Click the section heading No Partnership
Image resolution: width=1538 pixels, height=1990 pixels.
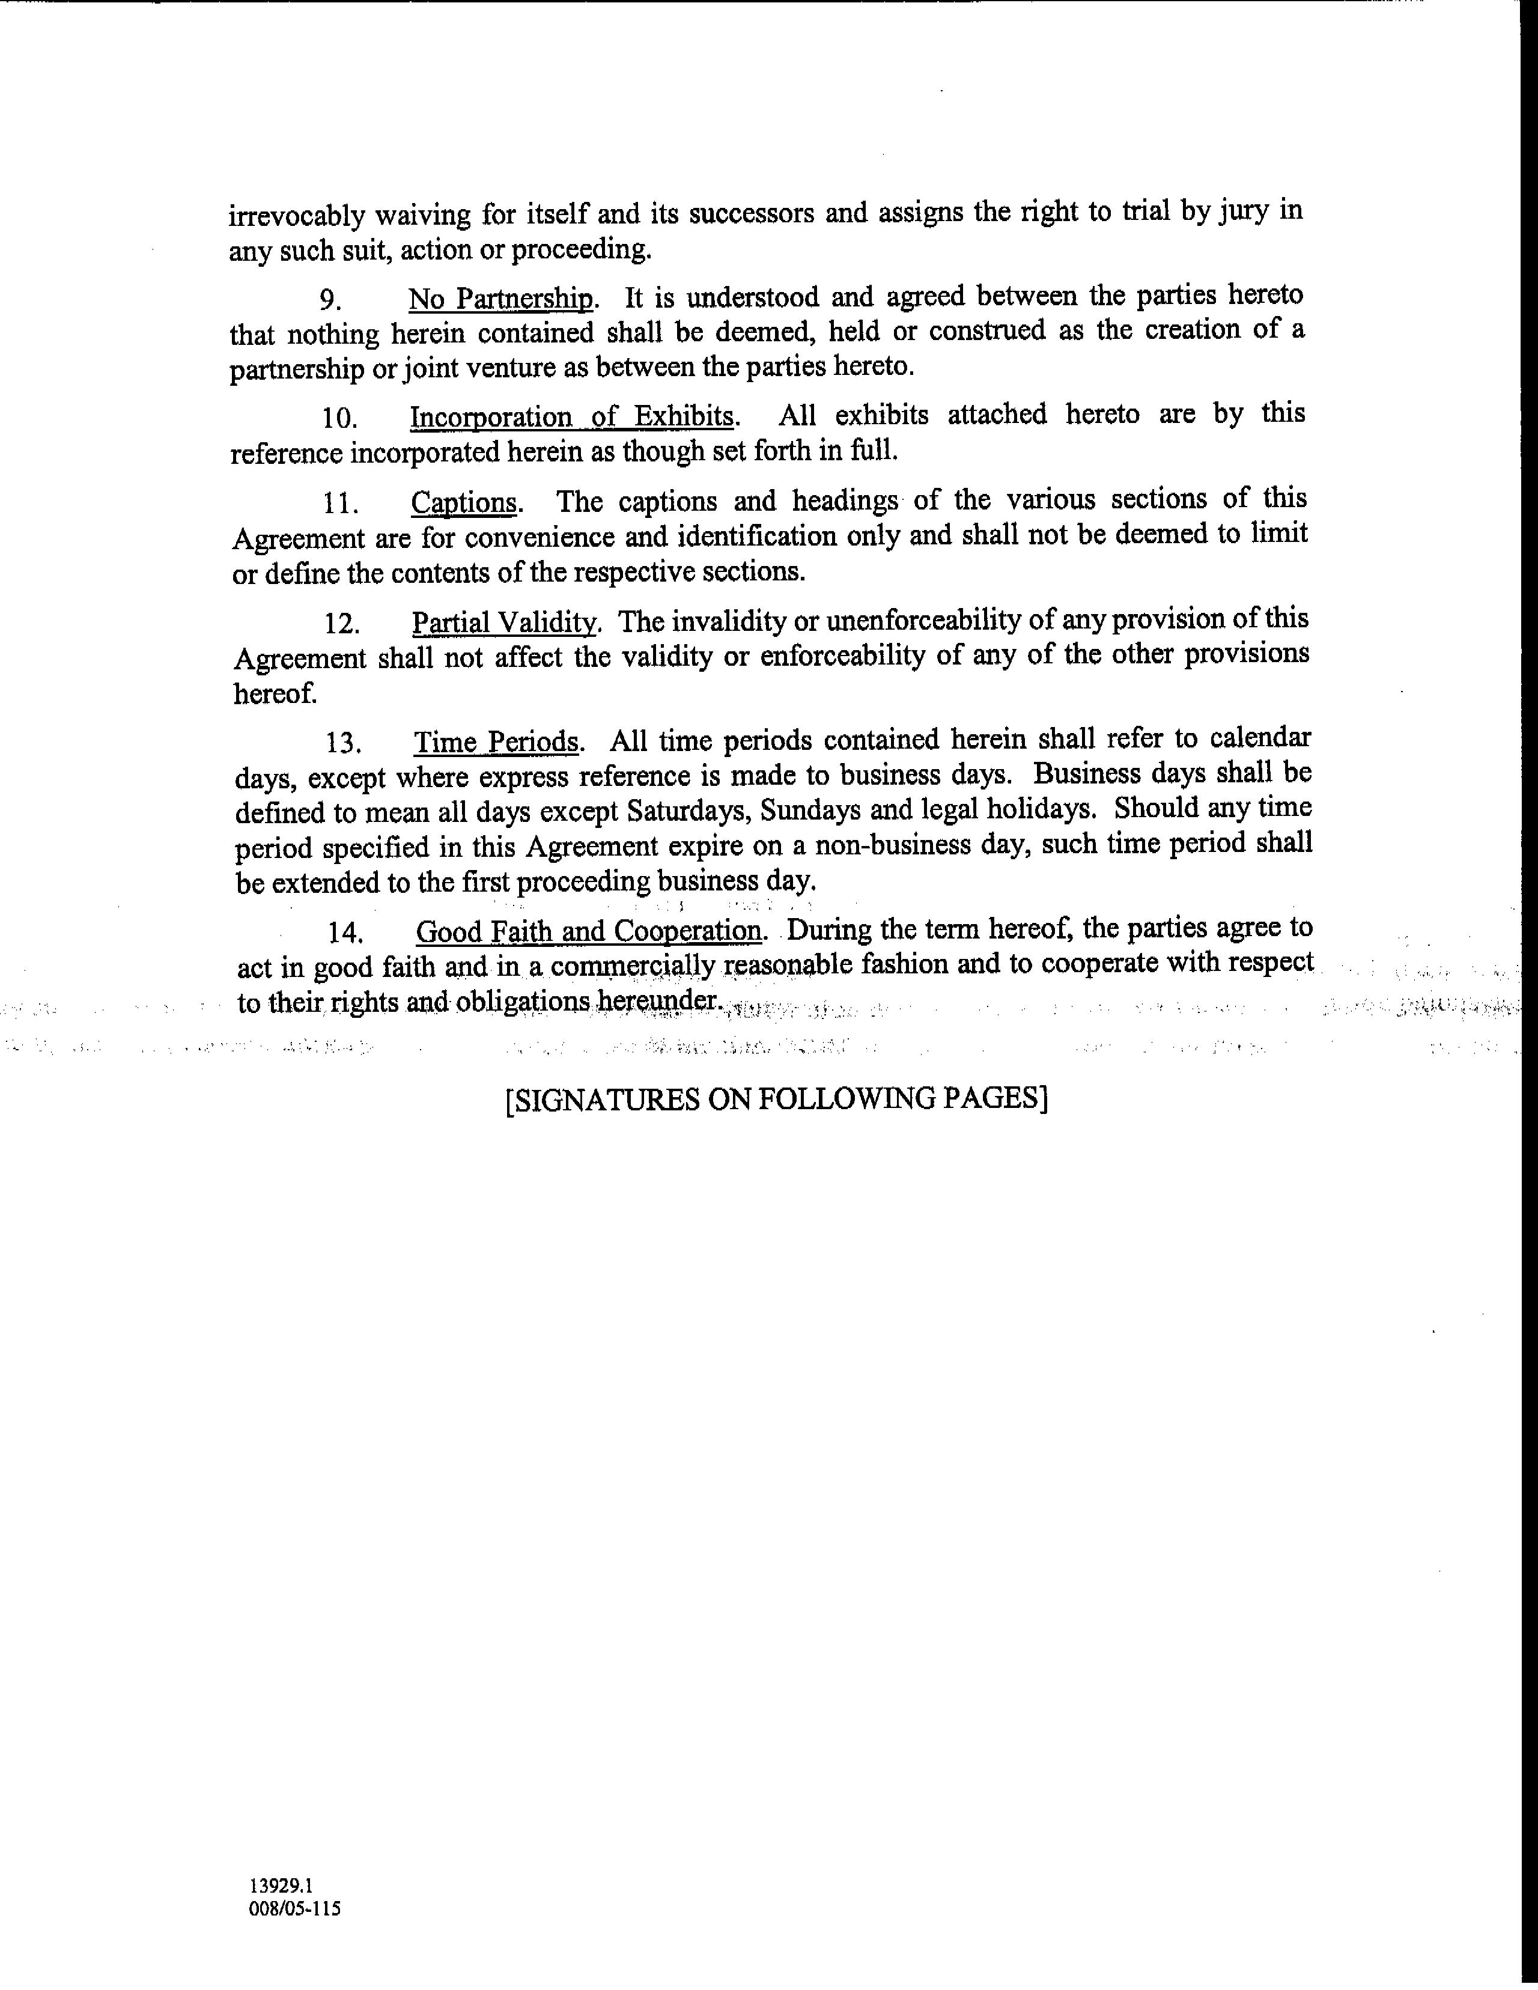tap(501, 299)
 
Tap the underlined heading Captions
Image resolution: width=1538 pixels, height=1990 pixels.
tap(464, 503)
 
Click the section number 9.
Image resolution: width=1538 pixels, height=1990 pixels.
tap(331, 300)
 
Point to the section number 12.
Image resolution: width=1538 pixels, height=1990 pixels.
tap(342, 624)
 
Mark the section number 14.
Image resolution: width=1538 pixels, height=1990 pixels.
tap(346, 933)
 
